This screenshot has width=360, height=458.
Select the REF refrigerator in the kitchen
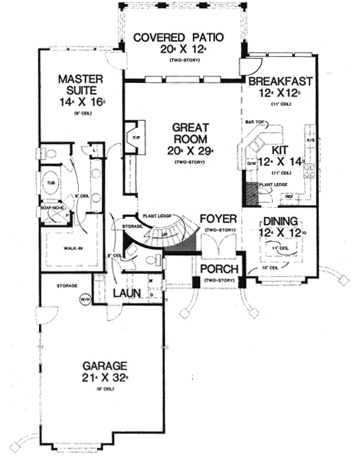[289, 196]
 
